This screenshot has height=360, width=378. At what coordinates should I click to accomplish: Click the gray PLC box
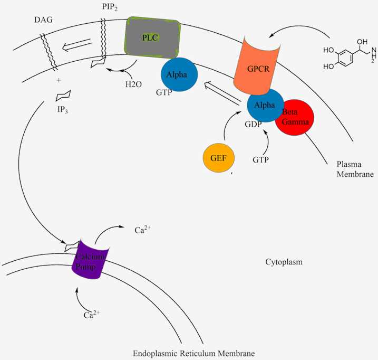(x=153, y=38)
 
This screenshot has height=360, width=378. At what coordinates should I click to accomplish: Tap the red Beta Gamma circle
(x=294, y=117)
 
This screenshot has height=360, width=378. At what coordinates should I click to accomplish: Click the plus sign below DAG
(x=59, y=80)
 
